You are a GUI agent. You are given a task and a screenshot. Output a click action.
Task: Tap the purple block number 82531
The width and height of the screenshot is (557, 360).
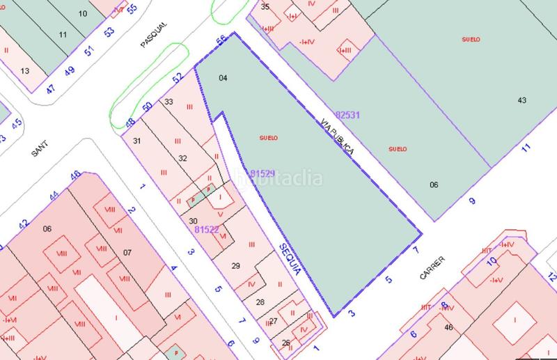[347, 114]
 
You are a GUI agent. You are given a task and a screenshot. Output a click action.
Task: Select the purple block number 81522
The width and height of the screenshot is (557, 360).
[207, 229]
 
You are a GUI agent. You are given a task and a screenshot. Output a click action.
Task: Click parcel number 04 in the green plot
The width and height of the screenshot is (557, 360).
[223, 78]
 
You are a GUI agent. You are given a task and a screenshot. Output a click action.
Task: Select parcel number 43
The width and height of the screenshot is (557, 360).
[521, 101]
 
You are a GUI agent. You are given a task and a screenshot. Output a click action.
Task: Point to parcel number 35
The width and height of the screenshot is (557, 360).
[265, 6]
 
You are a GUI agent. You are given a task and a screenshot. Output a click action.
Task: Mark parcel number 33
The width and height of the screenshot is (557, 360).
[168, 102]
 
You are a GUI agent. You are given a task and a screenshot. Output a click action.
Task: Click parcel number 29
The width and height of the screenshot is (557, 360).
[235, 265]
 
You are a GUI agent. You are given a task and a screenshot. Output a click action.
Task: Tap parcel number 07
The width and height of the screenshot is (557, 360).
[127, 251]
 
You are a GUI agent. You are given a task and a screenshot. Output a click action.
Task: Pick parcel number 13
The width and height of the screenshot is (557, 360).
[25, 70]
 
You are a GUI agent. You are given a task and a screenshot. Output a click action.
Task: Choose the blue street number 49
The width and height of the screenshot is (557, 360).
[69, 71]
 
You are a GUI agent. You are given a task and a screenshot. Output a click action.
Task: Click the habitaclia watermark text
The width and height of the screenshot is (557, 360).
[278, 178]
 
